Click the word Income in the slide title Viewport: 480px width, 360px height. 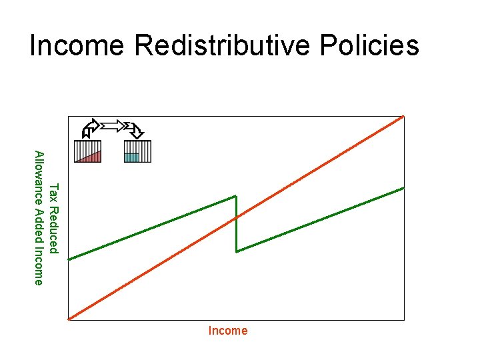pos(77,45)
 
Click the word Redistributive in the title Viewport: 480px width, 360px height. pos(223,45)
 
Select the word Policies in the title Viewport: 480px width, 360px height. pos(369,45)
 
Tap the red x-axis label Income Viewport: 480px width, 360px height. pos(228,331)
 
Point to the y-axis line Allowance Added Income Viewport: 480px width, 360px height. pos(39,218)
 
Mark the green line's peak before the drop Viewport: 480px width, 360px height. pos(236,196)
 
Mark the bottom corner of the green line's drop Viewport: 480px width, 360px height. pos(236,251)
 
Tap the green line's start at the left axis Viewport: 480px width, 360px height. pos(69,259)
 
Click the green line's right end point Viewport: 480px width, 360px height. pos(404,187)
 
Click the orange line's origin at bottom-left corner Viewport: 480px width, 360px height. pos(69,319)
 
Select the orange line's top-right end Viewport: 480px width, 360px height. pos(403,116)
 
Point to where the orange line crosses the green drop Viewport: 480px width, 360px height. pos(236,217)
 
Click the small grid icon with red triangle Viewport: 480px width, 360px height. pos(88,151)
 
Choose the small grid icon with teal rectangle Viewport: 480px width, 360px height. pos(138,151)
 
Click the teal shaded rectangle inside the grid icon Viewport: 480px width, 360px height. pos(132,157)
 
